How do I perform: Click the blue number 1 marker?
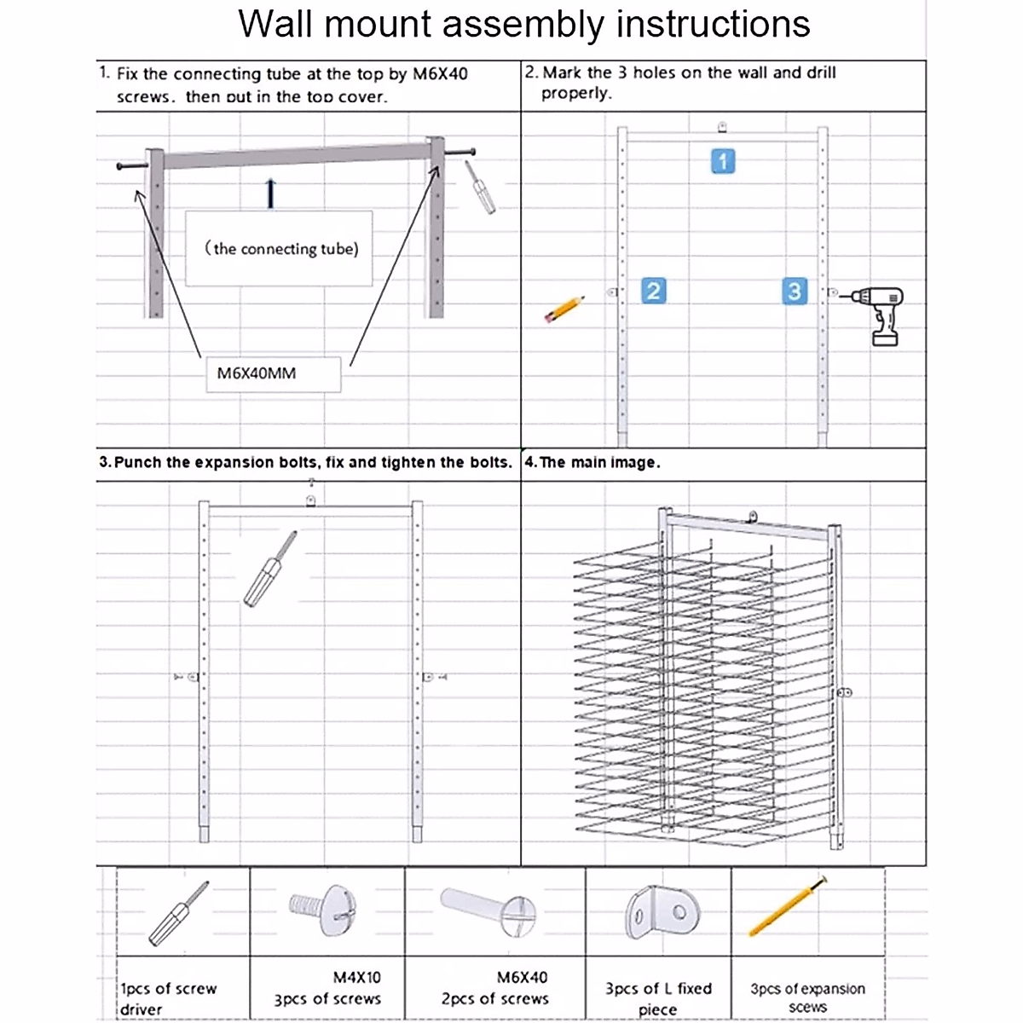723,161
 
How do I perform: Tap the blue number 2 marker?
653,291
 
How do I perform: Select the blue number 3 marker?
795,291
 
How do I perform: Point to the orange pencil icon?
564,309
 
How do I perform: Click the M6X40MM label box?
273,373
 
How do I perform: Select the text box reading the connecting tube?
280,248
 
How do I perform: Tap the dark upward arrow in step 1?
270,194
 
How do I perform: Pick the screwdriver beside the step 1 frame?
480,187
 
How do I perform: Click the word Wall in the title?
275,24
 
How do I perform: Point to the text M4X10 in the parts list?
356,977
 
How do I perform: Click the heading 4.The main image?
592,462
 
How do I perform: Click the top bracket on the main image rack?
752,517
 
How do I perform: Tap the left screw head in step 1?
123,166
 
